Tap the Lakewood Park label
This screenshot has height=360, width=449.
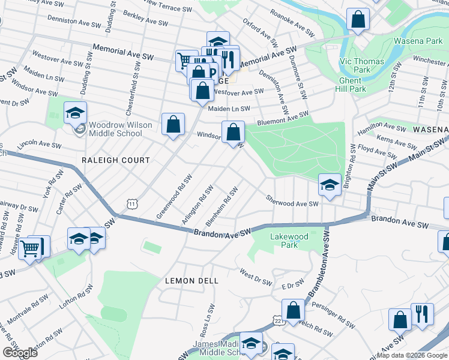(289, 241)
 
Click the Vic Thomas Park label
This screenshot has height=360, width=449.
(354, 65)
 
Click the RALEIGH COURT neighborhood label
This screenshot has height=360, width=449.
(116, 160)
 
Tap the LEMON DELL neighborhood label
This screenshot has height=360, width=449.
(191, 280)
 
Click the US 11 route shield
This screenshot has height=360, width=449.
(132, 204)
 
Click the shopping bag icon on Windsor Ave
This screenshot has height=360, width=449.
(233, 131)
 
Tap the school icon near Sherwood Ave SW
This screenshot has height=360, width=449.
(329, 184)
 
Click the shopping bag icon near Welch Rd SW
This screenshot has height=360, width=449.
(294, 310)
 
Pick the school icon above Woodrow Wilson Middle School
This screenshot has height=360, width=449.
(76, 112)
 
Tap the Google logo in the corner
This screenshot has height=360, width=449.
(19, 353)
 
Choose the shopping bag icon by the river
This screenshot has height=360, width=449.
(358, 20)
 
